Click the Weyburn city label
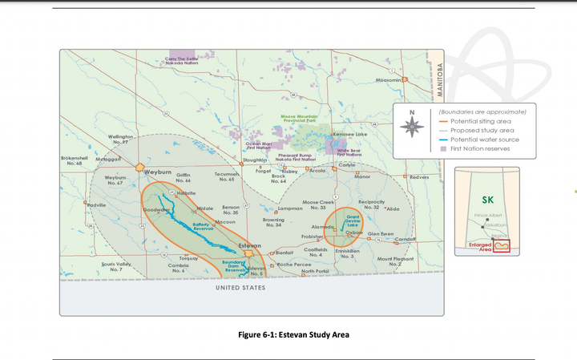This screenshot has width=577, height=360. [157, 171]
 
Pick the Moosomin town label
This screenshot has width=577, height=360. [388, 81]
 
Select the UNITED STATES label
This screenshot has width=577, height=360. [240, 287]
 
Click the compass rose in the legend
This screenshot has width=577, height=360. [412, 124]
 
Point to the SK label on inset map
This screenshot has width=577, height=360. [488, 200]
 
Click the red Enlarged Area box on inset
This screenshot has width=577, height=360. [502, 245]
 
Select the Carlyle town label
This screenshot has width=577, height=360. [347, 164]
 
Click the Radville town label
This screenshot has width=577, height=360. [97, 205]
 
